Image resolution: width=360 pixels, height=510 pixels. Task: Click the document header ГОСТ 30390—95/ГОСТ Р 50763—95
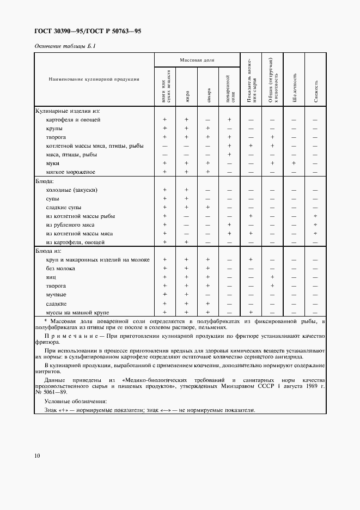tap(88, 32)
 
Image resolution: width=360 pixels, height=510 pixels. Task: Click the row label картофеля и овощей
tap(73, 119)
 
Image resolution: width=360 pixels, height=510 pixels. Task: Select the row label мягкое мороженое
tap(71, 172)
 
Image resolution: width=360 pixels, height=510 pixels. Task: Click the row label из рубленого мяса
tap(70, 224)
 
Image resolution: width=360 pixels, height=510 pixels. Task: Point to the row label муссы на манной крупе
tap(78, 312)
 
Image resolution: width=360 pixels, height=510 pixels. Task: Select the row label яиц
tap(51, 277)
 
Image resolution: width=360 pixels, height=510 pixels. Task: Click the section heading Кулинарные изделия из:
tap(68, 111)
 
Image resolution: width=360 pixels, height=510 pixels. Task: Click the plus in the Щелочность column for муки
tap(294, 163)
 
